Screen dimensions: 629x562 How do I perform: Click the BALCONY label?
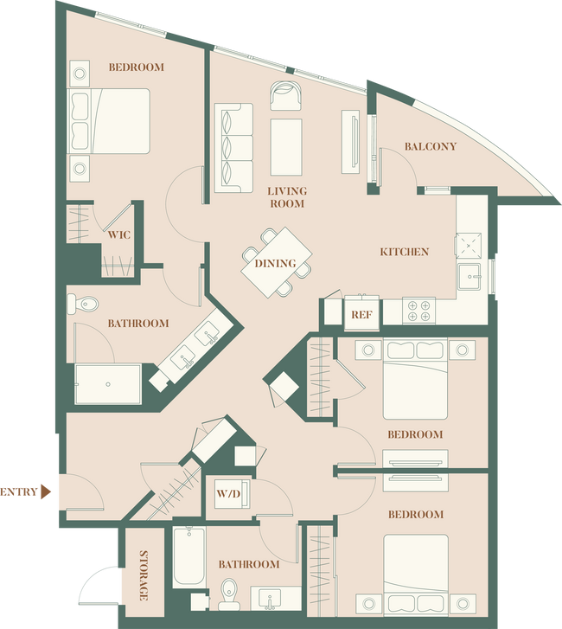click(x=430, y=146)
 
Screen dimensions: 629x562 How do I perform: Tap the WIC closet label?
click(x=119, y=234)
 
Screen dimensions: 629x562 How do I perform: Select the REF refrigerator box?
click(x=361, y=315)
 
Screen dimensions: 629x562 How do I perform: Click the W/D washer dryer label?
click(x=228, y=496)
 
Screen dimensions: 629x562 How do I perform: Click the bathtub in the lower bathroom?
click(x=188, y=558)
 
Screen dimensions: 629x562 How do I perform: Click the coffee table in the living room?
click(x=286, y=147)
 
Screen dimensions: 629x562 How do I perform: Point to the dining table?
click(x=277, y=263)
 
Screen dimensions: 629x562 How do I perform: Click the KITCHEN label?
click(x=404, y=252)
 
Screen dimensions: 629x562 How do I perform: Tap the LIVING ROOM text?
click(x=286, y=197)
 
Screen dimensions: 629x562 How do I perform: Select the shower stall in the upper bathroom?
click(x=107, y=383)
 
